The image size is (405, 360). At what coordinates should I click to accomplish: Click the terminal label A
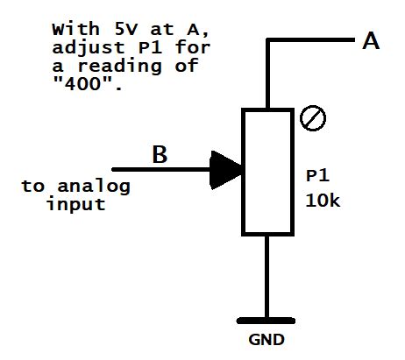(x=371, y=40)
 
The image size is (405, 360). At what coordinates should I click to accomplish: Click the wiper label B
(x=160, y=155)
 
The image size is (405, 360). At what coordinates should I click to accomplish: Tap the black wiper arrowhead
(x=227, y=170)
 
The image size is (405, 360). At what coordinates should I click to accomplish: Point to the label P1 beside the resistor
(x=316, y=176)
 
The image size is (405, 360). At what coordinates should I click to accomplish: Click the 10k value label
(x=323, y=200)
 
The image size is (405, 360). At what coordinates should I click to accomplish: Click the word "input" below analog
(x=76, y=204)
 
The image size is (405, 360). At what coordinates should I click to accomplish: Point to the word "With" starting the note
(x=67, y=30)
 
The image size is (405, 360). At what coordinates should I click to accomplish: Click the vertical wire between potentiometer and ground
(x=266, y=272)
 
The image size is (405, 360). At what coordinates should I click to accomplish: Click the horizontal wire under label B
(x=162, y=170)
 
